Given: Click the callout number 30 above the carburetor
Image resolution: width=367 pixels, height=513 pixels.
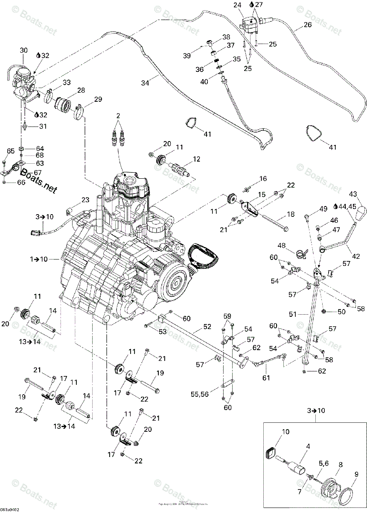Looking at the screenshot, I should [x=23, y=50].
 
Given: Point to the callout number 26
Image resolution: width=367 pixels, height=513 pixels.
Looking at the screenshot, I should [x=308, y=25].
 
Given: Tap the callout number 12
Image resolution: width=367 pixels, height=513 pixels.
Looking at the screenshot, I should [x=196, y=159].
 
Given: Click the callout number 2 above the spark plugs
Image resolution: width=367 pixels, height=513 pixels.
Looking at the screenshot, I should [x=118, y=115].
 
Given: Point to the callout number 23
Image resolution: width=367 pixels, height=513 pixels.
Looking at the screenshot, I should [x=86, y=200].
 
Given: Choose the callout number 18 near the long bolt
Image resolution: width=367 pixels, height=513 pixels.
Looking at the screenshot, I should [x=291, y=214].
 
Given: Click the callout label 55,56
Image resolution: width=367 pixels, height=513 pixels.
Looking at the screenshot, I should [x=199, y=395].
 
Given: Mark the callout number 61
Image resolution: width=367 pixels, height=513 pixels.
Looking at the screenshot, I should [x=266, y=377].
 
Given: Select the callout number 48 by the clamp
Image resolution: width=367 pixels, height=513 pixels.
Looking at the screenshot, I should [x=282, y=246].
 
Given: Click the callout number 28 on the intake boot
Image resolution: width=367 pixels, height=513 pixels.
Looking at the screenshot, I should [x=81, y=90].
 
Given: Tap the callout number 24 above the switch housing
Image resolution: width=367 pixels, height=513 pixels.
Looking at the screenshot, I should [x=237, y=5].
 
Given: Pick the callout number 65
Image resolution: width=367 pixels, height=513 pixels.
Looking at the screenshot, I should [x=11, y=151].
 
